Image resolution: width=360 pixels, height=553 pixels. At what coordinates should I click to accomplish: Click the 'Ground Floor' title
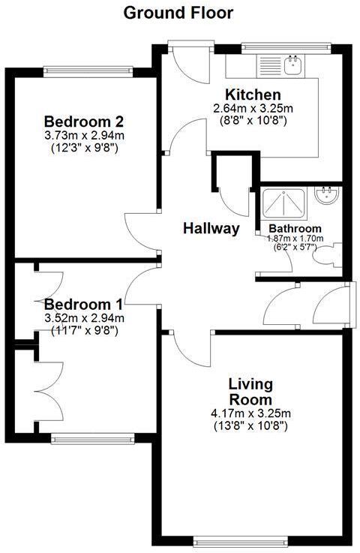(178, 13)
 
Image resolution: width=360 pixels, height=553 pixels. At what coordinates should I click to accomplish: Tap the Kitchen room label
(253, 95)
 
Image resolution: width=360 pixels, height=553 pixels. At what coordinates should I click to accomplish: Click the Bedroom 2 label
(83, 122)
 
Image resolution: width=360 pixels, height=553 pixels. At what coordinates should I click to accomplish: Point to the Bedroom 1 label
(83, 305)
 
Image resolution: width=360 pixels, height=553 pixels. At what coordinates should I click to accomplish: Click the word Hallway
(211, 229)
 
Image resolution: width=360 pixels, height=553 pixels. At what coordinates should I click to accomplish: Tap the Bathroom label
(295, 228)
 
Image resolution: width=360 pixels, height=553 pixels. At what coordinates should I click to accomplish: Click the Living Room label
(250, 392)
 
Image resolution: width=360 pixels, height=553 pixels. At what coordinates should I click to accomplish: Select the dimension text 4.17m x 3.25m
(250, 413)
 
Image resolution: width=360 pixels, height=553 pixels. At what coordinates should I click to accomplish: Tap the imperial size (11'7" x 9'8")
(83, 329)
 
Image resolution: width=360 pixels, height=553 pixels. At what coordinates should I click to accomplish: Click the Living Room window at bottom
(241, 539)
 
